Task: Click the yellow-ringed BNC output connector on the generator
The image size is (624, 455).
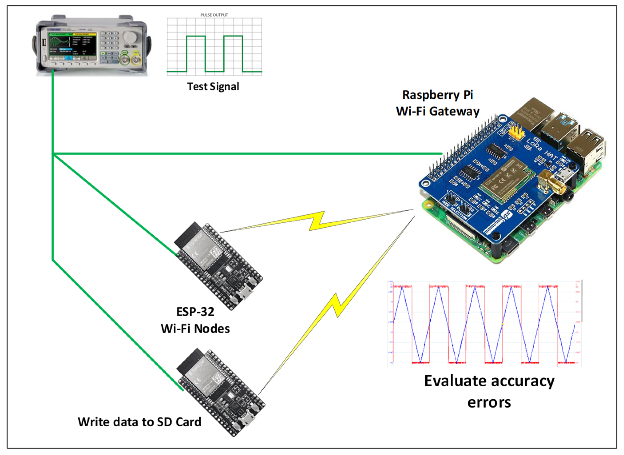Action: tap(136, 61)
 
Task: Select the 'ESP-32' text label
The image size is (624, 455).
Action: tap(195, 312)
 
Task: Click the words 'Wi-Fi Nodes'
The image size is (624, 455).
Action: tap(195, 329)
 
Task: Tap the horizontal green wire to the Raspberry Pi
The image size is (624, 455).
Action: tap(248, 154)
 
